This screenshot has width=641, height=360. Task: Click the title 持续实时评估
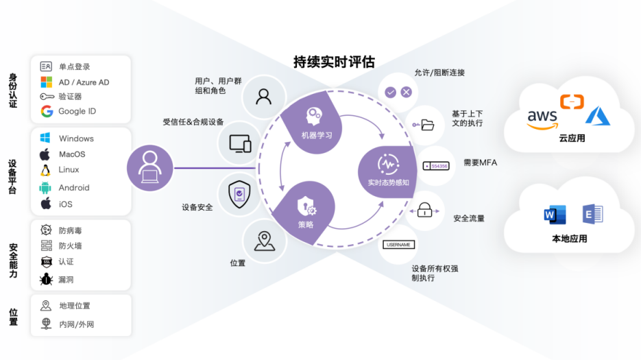334,62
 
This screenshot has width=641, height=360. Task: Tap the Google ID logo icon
47,111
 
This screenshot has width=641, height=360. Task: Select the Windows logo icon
46,139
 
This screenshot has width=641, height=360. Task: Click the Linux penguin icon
46,170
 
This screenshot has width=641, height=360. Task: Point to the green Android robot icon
46,187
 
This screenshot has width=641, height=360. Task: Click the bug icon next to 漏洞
46,279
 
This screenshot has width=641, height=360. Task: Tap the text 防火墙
70,245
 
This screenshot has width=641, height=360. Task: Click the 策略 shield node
306,210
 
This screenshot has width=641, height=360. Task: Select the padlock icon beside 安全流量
425,210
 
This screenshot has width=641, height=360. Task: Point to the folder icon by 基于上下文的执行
427,125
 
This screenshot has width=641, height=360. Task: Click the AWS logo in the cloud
542,118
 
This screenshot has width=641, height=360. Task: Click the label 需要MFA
480,163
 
